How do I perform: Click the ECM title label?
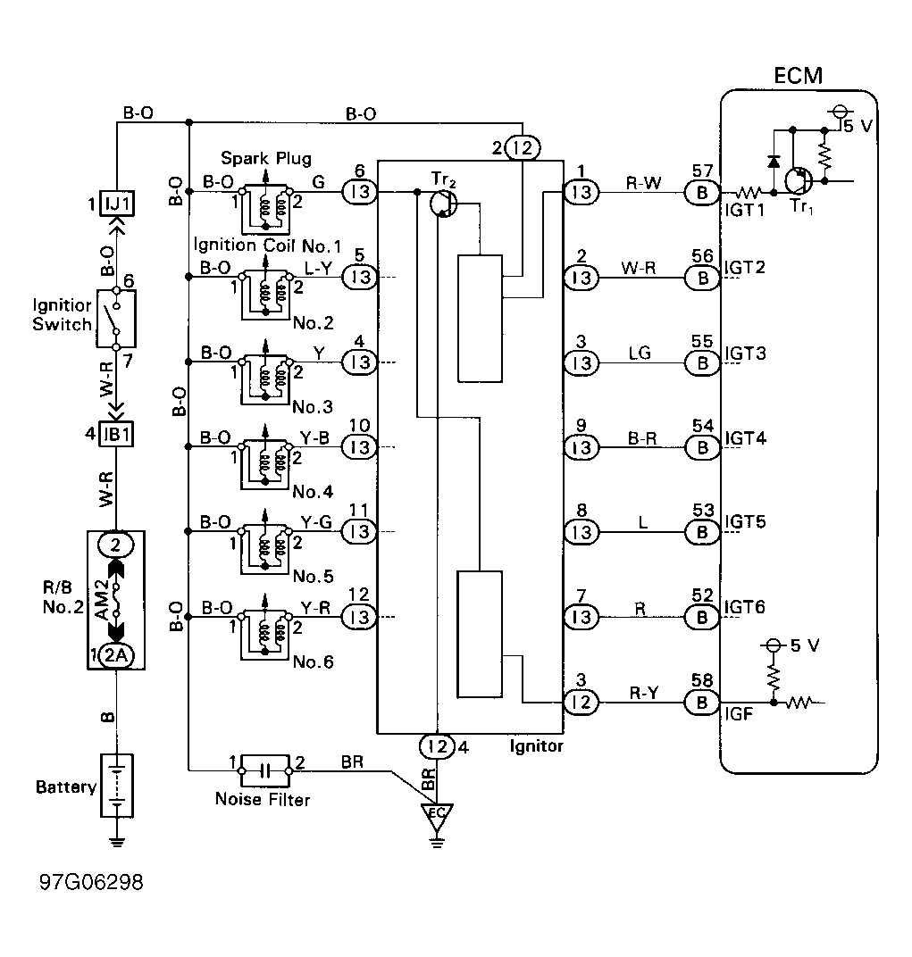pyautogui.click(x=798, y=76)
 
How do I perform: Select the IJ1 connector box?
pyautogui.click(x=117, y=204)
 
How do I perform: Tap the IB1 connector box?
pyautogui.click(x=116, y=435)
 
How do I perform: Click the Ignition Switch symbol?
pyautogui.click(x=116, y=319)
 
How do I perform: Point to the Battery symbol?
pyautogui.click(x=117, y=786)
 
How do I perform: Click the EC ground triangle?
pyautogui.click(x=436, y=818)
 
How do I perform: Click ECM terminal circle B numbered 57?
pyautogui.click(x=702, y=193)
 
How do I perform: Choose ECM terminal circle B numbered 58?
pyautogui.click(x=702, y=703)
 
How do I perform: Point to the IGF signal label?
pyautogui.click(x=739, y=714)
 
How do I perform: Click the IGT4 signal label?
pyautogui.click(x=745, y=438)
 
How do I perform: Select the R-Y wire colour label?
pyautogui.click(x=644, y=693)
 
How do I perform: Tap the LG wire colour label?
pyautogui.click(x=640, y=353)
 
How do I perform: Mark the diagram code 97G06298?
pyautogui.click(x=92, y=882)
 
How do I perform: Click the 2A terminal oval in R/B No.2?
pyautogui.click(x=116, y=655)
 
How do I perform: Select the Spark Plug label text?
pyautogui.click(x=265, y=159)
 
